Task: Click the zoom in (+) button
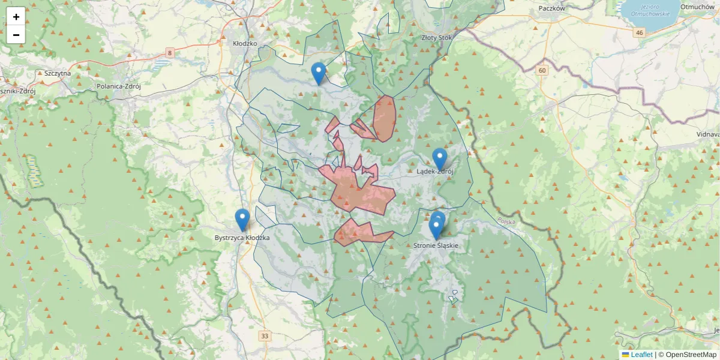16,17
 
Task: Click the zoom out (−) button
16,35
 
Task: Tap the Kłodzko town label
245,44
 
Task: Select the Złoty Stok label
437,37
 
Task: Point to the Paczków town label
552,8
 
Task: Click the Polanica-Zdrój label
118,86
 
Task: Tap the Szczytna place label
58,73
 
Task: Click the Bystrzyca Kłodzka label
242,238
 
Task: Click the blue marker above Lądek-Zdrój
440,159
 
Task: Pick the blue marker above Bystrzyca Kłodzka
242,220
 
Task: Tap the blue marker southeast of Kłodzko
319,73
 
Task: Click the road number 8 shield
170,53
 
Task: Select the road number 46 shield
640,32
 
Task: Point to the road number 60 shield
542,70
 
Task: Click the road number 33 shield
265,335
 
